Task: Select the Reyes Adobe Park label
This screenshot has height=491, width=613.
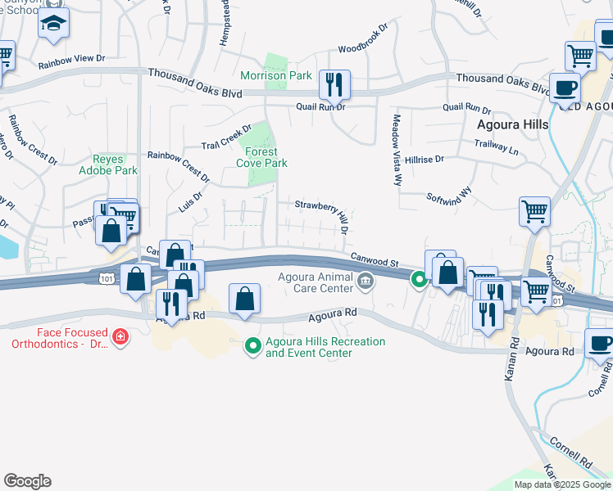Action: pos(114,164)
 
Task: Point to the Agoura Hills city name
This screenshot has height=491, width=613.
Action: pos(513,125)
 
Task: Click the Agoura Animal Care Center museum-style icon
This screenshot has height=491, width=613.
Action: pos(366,283)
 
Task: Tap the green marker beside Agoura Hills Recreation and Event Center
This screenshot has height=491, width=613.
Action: pos(253,347)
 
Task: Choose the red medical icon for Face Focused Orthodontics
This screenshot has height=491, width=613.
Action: pos(120,337)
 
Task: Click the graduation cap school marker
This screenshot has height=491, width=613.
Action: pos(53,25)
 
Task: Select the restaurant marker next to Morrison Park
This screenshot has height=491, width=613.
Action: pos(334,83)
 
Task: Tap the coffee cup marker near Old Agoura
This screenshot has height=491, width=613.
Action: pos(564,87)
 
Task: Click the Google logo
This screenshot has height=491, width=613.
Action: pos(27,480)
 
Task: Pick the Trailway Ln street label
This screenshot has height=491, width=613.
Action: pos(497,147)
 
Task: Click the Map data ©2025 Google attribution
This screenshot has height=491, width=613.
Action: pos(561,484)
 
